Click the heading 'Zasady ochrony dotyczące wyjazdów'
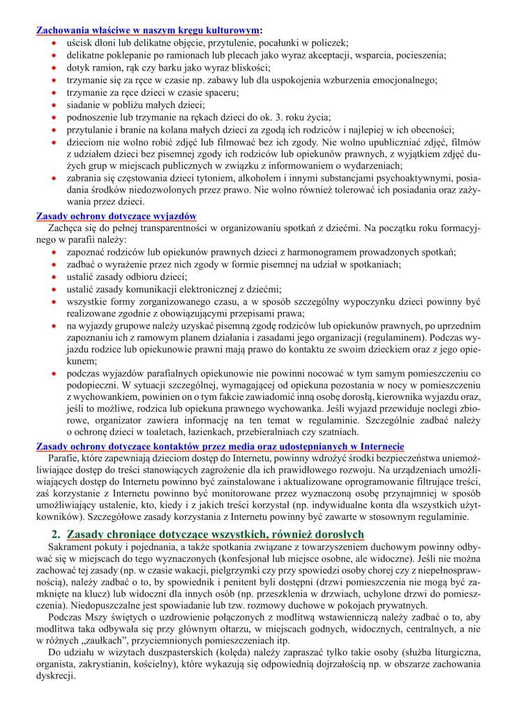pos(116,216)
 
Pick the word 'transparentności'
pos(193,228)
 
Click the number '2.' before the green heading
pos(56,533)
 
